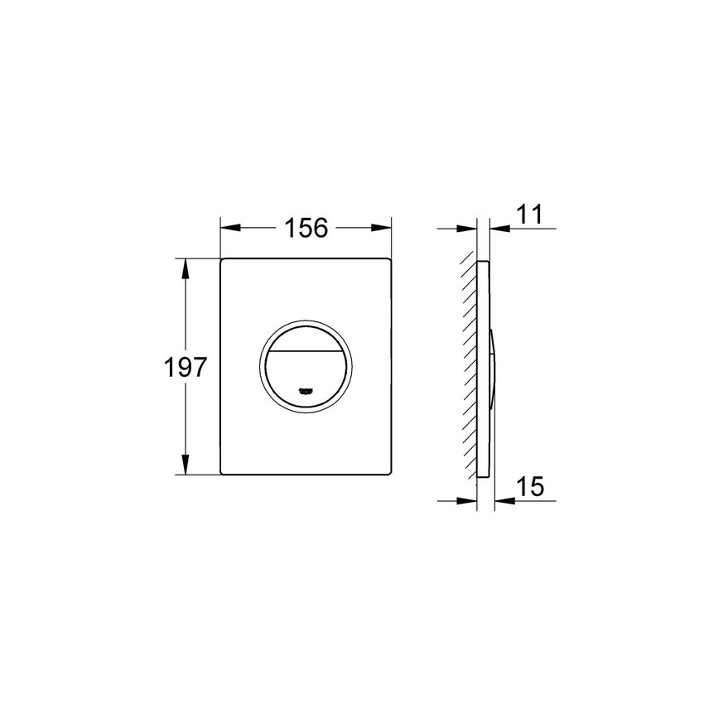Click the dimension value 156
tap(306, 227)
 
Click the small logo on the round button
tap(306, 390)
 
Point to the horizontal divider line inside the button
tap(306, 351)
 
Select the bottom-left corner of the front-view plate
tap(222, 475)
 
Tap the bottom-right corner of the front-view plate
tap(389, 475)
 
